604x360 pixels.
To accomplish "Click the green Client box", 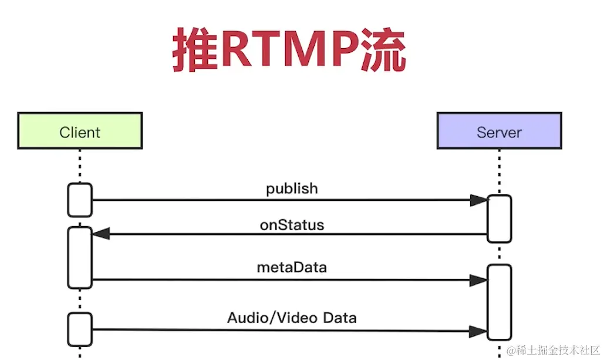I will (80, 131).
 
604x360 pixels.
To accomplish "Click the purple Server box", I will (499, 131).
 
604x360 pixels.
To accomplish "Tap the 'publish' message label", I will (292, 189).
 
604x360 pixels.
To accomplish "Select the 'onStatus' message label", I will (292, 225).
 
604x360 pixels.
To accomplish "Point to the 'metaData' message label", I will (292, 268).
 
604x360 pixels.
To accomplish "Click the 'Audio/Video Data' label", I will (292, 318).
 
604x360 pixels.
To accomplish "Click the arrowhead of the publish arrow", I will (479, 200).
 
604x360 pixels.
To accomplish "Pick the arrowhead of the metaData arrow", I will (479, 280).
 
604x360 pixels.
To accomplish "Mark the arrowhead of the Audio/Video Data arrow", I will (479, 331).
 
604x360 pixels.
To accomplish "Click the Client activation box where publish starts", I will (80, 200).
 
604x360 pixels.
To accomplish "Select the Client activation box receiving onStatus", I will (80, 257).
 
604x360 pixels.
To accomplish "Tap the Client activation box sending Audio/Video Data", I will (80, 329).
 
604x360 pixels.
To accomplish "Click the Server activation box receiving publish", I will (500, 218).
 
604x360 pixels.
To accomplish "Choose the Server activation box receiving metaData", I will (500, 302).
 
